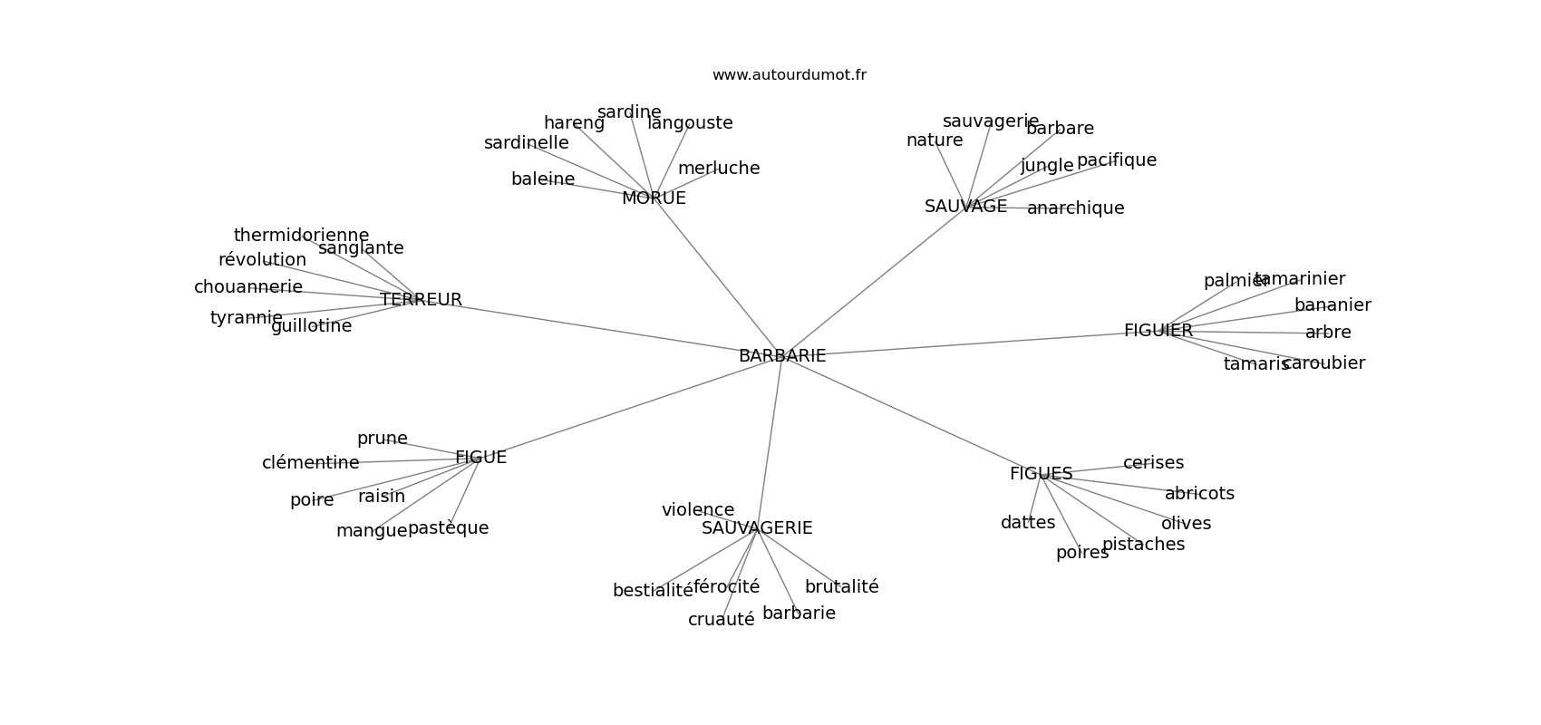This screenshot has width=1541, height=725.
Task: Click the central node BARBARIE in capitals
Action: click(x=782, y=356)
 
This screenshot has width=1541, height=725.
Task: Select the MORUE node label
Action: click(x=654, y=198)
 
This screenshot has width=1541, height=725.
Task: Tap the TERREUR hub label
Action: click(x=421, y=300)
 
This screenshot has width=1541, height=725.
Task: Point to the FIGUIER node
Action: click(x=1158, y=331)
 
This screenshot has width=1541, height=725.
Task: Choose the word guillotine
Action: click(x=311, y=326)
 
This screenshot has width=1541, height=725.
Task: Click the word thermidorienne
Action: click(x=301, y=236)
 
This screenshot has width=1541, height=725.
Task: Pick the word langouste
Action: click(x=690, y=123)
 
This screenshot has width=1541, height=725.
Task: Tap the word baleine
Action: click(x=543, y=179)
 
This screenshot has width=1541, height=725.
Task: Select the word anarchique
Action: click(x=1075, y=208)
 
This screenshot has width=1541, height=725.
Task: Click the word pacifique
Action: click(x=1117, y=160)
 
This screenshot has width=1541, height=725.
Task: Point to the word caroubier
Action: click(x=1324, y=363)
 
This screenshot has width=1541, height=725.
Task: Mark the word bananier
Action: click(x=1333, y=305)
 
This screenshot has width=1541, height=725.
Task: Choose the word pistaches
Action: click(x=1143, y=545)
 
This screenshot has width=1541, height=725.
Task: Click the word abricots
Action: click(x=1199, y=494)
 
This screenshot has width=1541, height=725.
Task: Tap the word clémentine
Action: click(x=311, y=463)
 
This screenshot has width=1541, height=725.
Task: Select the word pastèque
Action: click(x=448, y=528)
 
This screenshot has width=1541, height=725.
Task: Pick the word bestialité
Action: click(x=653, y=591)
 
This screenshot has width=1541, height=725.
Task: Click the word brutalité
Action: click(x=841, y=587)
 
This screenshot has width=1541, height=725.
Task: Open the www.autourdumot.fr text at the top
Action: click(x=789, y=75)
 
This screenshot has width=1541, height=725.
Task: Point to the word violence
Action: click(x=698, y=510)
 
